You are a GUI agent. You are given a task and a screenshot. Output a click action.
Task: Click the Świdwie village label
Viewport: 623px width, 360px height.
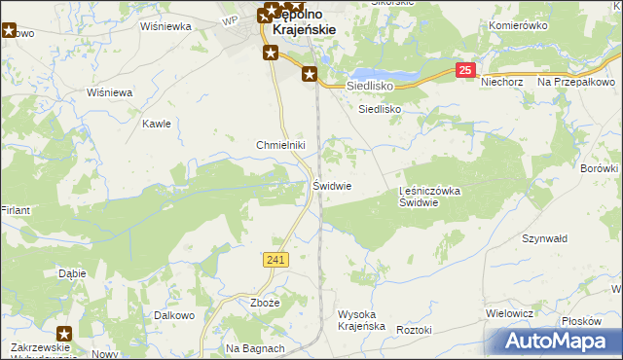tap(332, 186)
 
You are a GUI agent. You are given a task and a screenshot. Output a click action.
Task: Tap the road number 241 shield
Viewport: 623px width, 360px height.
tap(275, 259)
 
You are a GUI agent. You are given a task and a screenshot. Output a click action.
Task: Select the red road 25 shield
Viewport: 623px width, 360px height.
tap(466, 70)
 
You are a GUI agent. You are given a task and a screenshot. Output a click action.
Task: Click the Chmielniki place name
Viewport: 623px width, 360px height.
tap(281, 145)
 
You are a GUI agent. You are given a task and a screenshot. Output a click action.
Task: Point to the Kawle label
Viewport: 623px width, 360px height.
tap(157, 124)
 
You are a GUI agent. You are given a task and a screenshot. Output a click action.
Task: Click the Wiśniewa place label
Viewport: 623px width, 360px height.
tap(109, 92)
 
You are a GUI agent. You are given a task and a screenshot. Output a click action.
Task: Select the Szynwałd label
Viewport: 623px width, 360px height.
tap(544, 238)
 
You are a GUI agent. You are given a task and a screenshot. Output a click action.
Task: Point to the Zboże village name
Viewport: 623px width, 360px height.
tap(265, 303)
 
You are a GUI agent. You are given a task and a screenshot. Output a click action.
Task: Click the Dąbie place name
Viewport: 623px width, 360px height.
tap(73, 273)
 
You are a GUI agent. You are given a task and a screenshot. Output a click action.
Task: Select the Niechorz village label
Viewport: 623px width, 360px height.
tap(502, 83)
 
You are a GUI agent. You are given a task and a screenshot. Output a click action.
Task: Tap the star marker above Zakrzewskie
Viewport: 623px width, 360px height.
tap(63, 334)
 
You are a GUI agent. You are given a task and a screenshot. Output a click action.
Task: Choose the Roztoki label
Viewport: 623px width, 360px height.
tap(414, 330)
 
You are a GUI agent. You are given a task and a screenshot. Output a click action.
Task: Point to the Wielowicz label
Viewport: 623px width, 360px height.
tap(509, 313)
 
